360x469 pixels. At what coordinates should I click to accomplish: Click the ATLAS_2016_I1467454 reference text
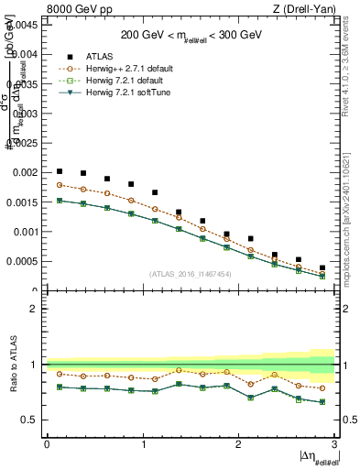pyautogui.click(x=190, y=273)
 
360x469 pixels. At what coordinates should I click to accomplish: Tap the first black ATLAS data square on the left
pyautogui.click(x=60, y=171)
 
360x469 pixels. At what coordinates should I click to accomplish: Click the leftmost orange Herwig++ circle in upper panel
pyautogui.click(x=60, y=185)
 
